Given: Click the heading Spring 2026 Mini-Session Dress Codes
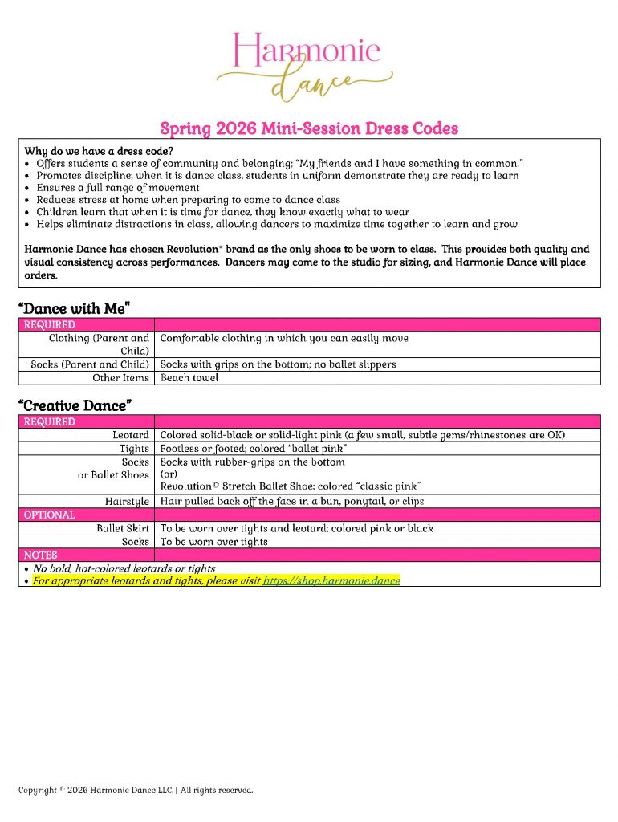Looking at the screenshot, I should click(x=309, y=128).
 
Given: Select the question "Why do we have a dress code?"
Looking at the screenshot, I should click(x=99, y=151).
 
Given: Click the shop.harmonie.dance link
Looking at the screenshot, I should click(x=331, y=580).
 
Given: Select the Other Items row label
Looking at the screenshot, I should click(x=120, y=378).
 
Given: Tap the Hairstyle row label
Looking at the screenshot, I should click(x=127, y=502).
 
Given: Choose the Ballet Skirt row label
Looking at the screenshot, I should click(x=123, y=529).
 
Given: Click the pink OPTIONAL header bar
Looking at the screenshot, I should click(x=309, y=515).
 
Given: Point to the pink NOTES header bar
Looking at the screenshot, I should click(x=309, y=555).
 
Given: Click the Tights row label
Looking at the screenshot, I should click(x=134, y=449).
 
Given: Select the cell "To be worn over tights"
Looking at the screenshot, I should click(x=214, y=542).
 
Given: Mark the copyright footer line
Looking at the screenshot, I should click(x=136, y=791).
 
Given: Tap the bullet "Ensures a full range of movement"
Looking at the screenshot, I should click(x=118, y=188).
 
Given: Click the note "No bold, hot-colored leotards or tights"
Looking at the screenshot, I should click(x=124, y=568).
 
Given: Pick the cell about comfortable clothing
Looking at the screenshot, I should click(x=284, y=339).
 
